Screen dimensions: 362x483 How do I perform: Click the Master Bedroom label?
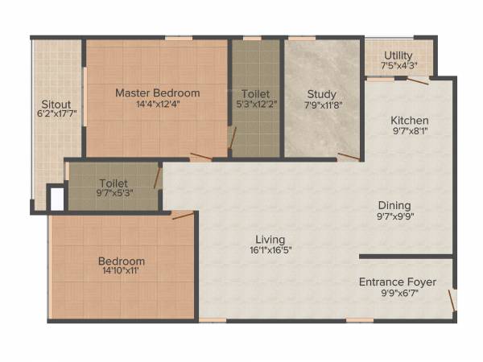[157, 93]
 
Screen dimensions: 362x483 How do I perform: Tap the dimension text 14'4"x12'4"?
[157, 104]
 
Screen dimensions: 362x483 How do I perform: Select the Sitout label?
[56, 104]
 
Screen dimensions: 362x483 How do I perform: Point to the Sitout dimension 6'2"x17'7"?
[56, 115]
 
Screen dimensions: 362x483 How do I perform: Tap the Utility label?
[398, 56]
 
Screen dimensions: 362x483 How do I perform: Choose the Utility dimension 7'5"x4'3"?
[398, 66]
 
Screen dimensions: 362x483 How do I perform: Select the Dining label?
[394, 205]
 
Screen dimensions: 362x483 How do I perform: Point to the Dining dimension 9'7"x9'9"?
[394, 216]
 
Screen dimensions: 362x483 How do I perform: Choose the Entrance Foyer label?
[398, 282]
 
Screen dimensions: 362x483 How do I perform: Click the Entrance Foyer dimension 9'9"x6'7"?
[398, 293]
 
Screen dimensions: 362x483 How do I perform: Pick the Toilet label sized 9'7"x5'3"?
[114, 183]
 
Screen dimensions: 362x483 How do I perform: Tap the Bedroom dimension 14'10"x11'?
[122, 273]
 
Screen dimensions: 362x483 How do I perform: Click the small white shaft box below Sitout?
[56, 199]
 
